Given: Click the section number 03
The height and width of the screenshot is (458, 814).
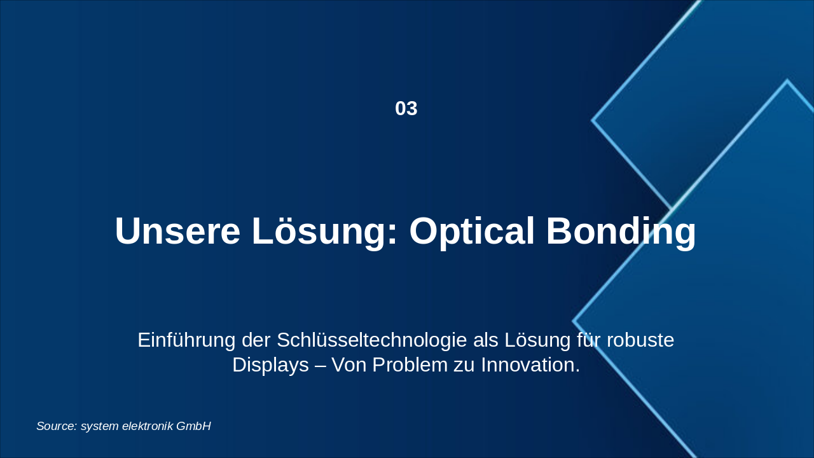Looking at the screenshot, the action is [406, 109].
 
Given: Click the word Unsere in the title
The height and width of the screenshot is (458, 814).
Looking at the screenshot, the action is [177, 231].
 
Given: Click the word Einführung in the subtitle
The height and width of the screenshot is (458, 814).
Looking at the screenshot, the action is [186, 340].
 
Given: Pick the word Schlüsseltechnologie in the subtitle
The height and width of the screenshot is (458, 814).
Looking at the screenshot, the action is [372, 340].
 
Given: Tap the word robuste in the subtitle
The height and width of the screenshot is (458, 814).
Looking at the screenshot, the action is [640, 340].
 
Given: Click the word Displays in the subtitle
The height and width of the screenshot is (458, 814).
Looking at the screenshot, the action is [270, 365].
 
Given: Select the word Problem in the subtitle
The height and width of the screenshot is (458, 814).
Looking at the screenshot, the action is [410, 364].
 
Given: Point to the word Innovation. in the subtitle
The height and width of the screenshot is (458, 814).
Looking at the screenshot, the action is [530, 364].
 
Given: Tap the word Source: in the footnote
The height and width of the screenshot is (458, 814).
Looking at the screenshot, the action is [57, 426].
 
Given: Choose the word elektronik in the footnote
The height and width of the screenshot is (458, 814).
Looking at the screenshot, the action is [148, 426].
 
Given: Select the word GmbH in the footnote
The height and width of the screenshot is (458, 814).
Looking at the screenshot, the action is [193, 426].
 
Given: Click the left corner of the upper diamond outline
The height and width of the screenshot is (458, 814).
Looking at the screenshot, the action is [591, 120].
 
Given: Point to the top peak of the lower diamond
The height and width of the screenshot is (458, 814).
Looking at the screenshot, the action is [787, 81].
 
